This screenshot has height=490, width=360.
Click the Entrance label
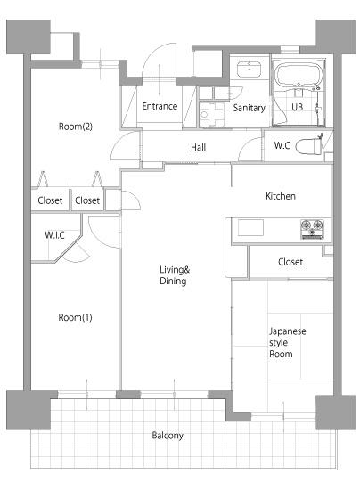click(160, 106)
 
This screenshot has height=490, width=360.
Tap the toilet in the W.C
click(308, 145)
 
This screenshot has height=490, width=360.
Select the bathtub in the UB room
click(298, 74)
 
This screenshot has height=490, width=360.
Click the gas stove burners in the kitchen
click(312, 229)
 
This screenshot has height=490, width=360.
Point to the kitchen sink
click(250, 227)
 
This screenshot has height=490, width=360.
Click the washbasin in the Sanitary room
click(249, 69)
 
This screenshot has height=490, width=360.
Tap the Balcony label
click(168, 436)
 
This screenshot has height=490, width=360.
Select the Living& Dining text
click(175, 275)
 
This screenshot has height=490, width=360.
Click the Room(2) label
click(76, 127)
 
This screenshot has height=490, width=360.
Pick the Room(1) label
click(75, 317)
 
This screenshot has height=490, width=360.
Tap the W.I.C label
click(54, 234)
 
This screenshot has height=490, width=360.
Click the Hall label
click(199, 147)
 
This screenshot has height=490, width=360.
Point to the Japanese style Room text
click(288, 342)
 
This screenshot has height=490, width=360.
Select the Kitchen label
click(281, 196)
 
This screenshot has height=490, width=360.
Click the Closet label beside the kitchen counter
click(290, 262)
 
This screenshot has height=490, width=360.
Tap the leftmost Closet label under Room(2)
click(50, 200)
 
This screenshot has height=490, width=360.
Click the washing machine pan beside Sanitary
click(212, 114)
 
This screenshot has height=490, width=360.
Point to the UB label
click(297, 107)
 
